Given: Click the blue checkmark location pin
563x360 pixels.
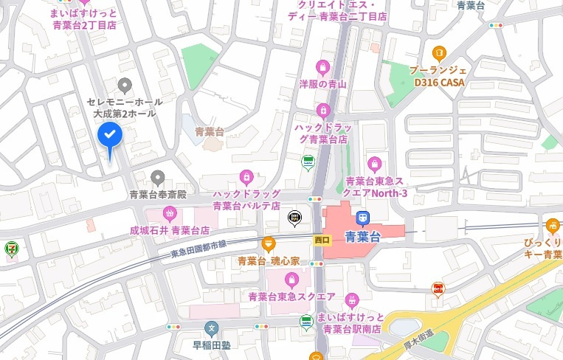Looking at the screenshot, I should pyautogui.click(x=110, y=136).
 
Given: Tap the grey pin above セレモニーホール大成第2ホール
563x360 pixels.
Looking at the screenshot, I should pyautogui.click(x=125, y=86).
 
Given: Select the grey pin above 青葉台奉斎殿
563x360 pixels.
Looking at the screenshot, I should pyautogui.click(x=157, y=178).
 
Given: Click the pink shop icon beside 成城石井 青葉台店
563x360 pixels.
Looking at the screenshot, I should pyautogui.click(x=170, y=214).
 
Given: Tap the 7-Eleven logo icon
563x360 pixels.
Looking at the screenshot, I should pyautogui.click(x=10, y=247).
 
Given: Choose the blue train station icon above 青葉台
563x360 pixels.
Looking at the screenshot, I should pyautogui.click(x=362, y=218).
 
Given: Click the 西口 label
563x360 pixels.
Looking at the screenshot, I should pyautogui.click(x=321, y=240).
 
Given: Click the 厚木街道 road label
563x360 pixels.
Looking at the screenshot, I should pyautogui.click(x=419, y=339).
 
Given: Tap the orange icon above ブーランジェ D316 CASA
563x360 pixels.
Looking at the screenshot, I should pyautogui.click(x=439, y=52).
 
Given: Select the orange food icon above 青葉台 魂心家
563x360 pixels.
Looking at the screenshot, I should pyautogui.click(x=268, y=244).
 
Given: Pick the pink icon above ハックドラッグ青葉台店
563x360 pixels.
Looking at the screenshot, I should pyautogui.click(x=322, y=111).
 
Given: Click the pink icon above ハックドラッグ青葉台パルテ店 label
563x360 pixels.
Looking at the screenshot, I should pyautogui.click(x=246, y=177).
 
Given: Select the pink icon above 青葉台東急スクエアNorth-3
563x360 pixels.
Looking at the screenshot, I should pyautogui.click(x=376, y=164).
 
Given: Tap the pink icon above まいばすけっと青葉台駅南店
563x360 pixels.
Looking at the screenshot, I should pyautogui.click(x=352, y=300).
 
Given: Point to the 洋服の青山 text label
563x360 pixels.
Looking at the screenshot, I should pyautogui.click(x=322, y=84).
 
